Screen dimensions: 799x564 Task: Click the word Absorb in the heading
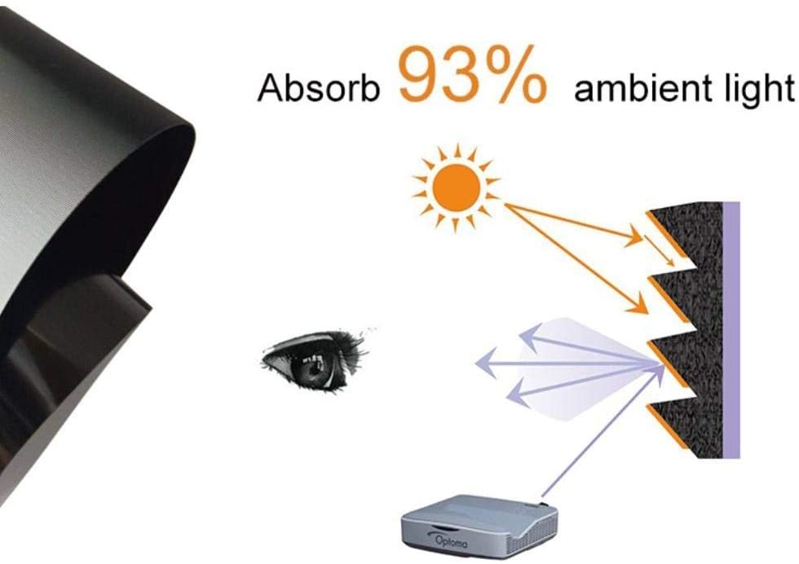coord(319,87)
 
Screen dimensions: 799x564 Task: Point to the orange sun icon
coord(456,188)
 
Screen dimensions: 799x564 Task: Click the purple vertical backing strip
coord(731,329)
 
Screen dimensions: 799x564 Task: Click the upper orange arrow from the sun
coord(574,223)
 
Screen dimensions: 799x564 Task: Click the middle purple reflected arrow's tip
coord(476,364)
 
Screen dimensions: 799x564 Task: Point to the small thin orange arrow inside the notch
coord(660,250)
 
